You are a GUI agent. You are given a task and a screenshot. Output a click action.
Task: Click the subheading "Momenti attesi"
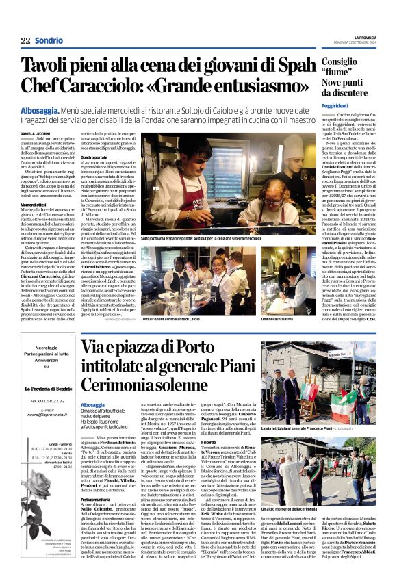(34, 205)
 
